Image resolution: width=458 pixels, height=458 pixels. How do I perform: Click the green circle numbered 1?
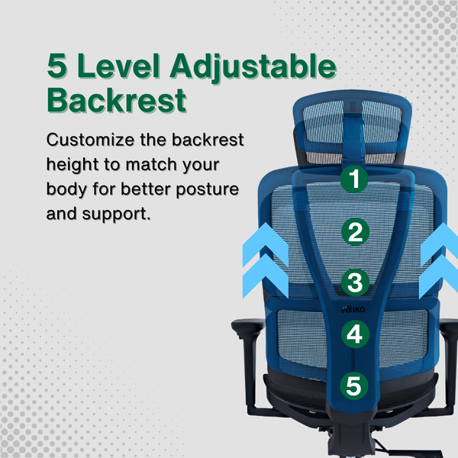[353, 180]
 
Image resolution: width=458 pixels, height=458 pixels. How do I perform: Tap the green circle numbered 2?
[353, 231]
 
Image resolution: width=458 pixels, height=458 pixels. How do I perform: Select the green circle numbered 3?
[353, 282]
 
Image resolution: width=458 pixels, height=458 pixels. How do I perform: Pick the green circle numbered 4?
[353, 334]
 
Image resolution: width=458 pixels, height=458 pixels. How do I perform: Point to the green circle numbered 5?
[353, 385]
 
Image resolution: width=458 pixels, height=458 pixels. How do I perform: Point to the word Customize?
[86, 141]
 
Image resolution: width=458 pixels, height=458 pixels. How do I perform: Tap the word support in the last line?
[118, 211]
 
